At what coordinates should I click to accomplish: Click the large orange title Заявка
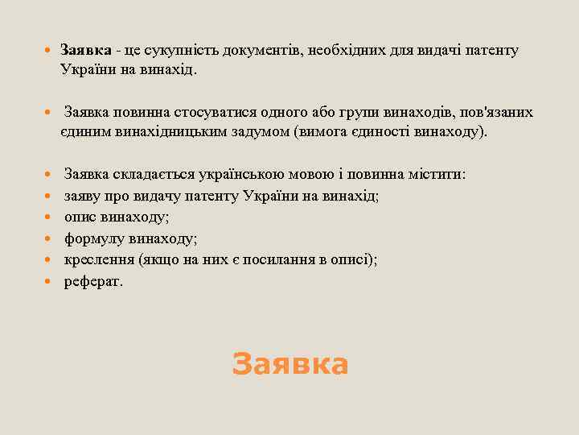coord(289,364)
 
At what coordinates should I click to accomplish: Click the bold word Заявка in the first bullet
coord(85,51)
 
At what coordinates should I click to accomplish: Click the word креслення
coord(98,260)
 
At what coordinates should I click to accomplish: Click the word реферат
coord(94,282)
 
